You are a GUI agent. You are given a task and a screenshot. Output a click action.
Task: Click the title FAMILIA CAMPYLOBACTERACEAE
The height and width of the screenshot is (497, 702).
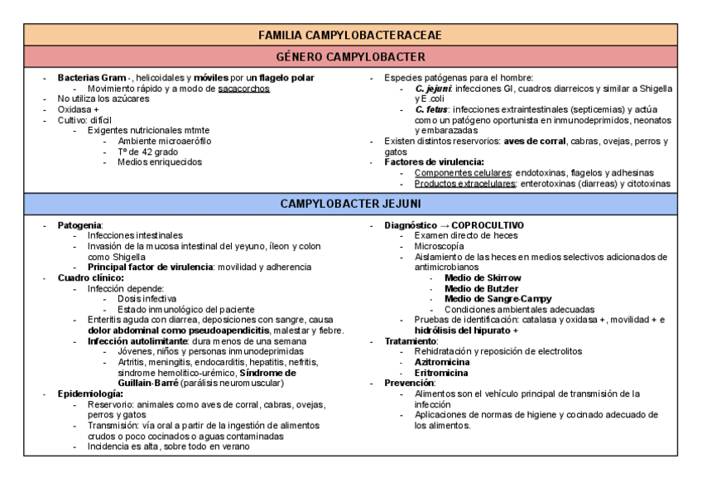pyautogui.click(x=350, y=35)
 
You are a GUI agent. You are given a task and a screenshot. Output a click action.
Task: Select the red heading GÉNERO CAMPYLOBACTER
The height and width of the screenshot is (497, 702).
pyautogui.click(x=350, y=57)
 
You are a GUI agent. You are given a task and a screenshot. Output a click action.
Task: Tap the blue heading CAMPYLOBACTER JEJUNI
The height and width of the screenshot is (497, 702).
pyautogui.click(x=350, y=203)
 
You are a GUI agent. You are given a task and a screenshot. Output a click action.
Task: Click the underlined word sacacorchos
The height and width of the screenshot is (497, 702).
pyautogui.click(x=244, y=88)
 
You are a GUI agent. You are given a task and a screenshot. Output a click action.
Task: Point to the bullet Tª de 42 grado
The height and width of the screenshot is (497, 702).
pyautogui.click(x=147, y=152)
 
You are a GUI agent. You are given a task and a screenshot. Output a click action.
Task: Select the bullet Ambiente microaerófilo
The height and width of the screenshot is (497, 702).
pyautogui.click(x=164, y=141)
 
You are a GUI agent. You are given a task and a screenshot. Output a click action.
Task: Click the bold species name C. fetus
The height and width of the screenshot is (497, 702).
pyautogui.click(x=431, y=109)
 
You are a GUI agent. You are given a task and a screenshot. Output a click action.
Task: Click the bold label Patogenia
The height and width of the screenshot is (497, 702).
pyautogui.click(x=79, y=225)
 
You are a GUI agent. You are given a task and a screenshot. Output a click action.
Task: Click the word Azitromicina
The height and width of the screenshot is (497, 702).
pyautogui.click(x=442, y=362)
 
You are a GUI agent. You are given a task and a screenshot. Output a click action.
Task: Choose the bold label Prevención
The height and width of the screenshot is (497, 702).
pyautogui.click(x=411, y=384)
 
